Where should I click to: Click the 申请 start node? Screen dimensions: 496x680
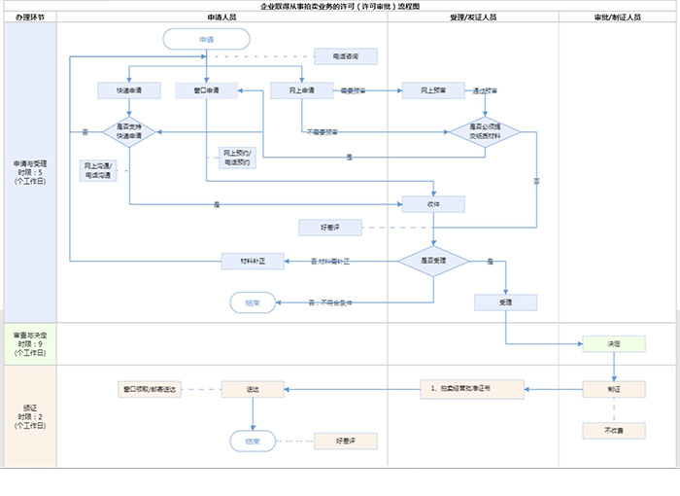pyautogui.click(x=207, y=39)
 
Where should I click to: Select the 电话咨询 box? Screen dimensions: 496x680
pyautogui.click(x=344, y=56)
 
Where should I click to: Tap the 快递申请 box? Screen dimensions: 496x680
pyautogui.click(x=129, y=90)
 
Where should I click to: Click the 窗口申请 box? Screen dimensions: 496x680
pyautogui.click(x=206, y=90)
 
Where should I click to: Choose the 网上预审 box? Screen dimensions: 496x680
pyautogui.click(x=433, y=90)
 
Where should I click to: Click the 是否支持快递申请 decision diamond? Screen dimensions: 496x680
pyautogui.click(x=129, y=132)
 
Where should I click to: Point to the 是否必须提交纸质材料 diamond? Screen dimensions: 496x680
pyautogui.click(x=484, y=132)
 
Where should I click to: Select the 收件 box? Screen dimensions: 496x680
pyautogui.click(x=433, y=204)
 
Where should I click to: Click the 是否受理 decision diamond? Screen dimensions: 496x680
pyautogui.click(x=433, y=261)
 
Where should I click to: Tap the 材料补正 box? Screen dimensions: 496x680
pyautogui.click(x=252, y=261)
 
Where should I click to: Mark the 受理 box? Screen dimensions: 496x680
pyautogui.click(x=505, y=301)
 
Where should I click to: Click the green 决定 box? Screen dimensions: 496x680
pyautogui.click(x=614, y=344)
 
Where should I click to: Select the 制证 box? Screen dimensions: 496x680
pyautogui.click(x=614, y=389)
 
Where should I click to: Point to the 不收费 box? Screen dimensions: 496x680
pyautogui.click(x=614, y=430)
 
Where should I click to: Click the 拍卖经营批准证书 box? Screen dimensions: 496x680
pyautogui.click(x=472, y=389)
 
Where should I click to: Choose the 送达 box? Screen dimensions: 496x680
pyautogui.click(x=253, y=389)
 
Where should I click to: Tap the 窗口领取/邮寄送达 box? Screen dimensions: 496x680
pyautogui.click(x=149, y=389)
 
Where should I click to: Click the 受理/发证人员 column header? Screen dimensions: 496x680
pyautogui.click(x=473, y=18)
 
